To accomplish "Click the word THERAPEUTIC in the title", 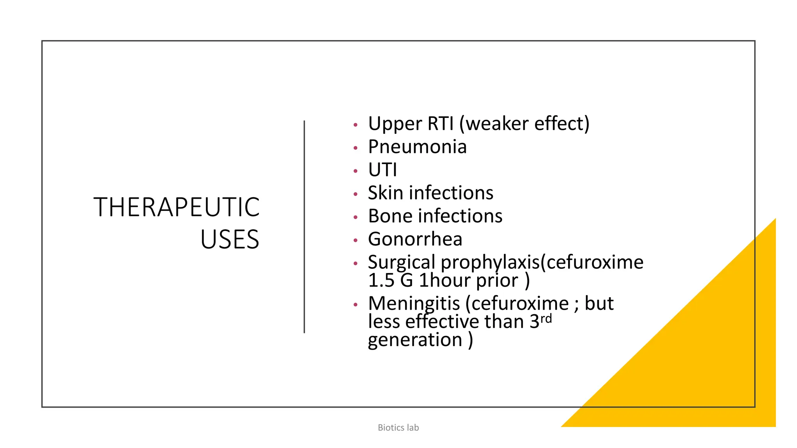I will click(x=176, y=207).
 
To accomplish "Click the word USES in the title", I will click(x=230, y=240).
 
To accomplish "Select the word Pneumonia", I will click(x=417, y=147).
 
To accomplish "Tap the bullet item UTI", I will click(x=382, y=170).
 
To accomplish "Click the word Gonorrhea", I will click(x=415, y=239).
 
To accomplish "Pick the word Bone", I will click(x=390, y=216).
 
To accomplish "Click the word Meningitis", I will click(x=414, y=304).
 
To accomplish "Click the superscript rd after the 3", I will click(x=546, y=319).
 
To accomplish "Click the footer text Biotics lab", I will click(x=398, y=428).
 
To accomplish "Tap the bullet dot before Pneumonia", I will click(x=355, y=148).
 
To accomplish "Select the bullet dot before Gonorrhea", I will click(x=355, y=240).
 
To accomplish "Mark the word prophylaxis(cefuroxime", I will click(x=542, y=262).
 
